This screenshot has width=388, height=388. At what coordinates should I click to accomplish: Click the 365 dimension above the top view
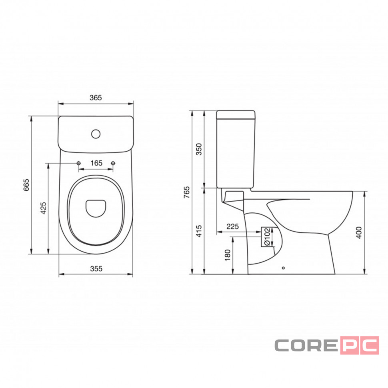pos(96,98)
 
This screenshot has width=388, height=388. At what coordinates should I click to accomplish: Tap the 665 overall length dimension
pos(26,185)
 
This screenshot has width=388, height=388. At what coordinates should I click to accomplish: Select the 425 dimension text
pos(43,208)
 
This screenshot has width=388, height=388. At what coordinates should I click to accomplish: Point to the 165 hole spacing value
pos(96,163)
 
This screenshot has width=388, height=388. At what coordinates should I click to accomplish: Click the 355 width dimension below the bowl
pos(96,268)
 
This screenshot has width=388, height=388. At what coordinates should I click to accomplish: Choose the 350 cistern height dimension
pos(199,149)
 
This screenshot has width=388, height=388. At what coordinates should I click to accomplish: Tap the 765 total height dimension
pos(187,192)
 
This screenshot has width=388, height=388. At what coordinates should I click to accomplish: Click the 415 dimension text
pos(199,231)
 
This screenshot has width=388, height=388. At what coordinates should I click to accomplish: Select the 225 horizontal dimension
pos(233,226)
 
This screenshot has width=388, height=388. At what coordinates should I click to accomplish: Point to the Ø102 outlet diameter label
pos(266,237)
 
